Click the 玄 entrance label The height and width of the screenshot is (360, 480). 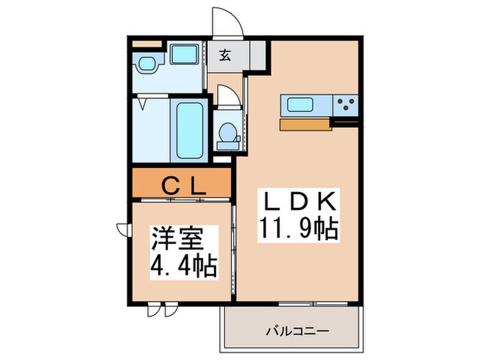226,57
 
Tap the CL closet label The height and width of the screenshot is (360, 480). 182,185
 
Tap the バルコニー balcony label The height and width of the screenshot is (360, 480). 298,331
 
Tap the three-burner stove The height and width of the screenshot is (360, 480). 347,106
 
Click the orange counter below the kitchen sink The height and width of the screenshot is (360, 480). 304,125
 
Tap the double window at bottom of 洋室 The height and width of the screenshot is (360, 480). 157,309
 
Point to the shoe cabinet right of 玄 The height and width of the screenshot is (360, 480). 259,56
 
